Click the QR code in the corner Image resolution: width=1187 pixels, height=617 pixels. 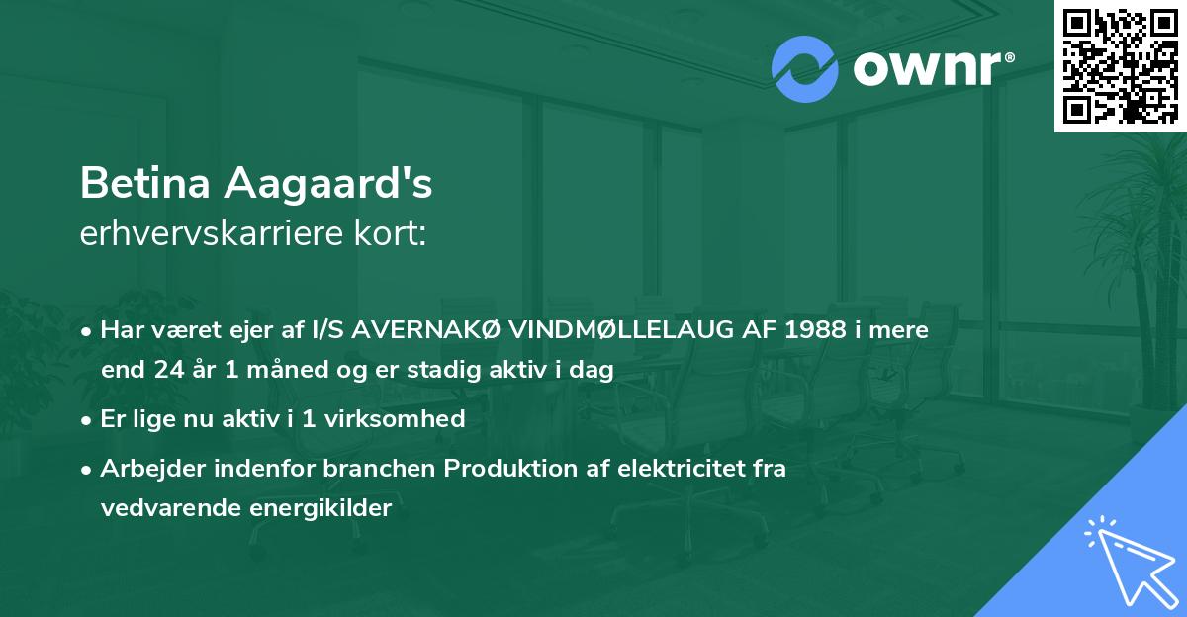pos(1120,66)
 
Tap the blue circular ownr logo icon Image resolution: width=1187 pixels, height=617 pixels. pos(804,68)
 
